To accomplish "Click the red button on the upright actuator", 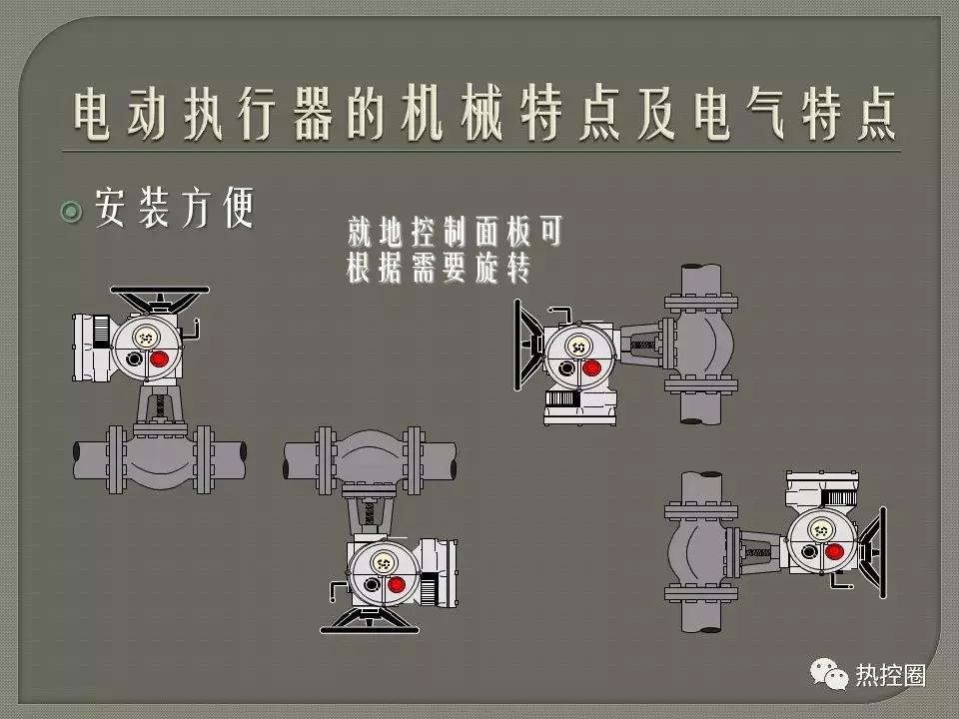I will coord(158,356).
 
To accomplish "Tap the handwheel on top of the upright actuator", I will coord(160,296).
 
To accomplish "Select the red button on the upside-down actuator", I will coord(397,583).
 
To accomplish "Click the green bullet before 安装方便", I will coord(71,211).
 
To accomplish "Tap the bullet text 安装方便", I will coord(175,209).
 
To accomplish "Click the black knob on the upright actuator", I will coord(134,357).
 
